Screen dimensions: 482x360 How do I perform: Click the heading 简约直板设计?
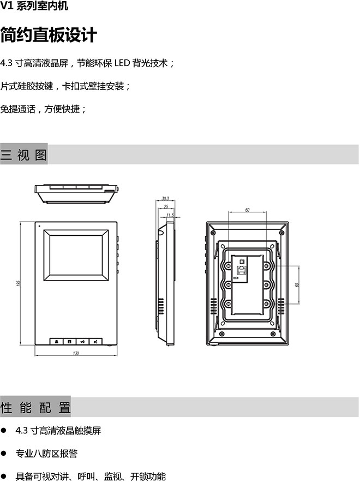(x=49, y=35)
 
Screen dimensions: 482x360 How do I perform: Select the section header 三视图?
(x=24, y=155)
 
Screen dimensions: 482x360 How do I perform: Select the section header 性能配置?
(x=35, y=407)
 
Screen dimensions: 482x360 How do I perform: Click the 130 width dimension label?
(x=76, y=354)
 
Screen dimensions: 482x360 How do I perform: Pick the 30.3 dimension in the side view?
(x=166, y=199)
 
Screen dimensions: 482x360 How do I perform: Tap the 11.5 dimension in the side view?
(x=170, y=216)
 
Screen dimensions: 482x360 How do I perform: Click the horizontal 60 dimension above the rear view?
(x=247, y=210)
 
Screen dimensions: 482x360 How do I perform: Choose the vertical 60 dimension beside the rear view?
(x=297, y=284)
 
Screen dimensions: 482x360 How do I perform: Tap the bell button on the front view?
(x=57, y=342)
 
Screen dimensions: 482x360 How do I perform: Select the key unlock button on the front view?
(x=82, y=342)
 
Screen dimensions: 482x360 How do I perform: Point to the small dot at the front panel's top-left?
(x=39, y=225)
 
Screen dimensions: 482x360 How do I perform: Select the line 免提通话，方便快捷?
(x=44, y=109)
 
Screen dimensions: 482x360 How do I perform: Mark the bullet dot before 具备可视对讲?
(x=5, y=476)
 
